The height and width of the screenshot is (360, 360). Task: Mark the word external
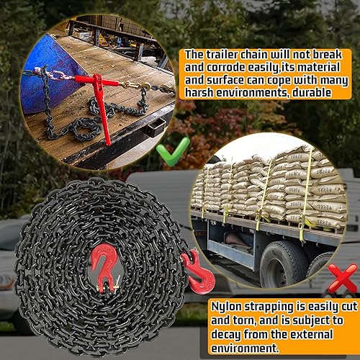pyautogui.click(x=310, y=335)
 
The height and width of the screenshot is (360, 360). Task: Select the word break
pyautogui.click(x=315, y=54)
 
